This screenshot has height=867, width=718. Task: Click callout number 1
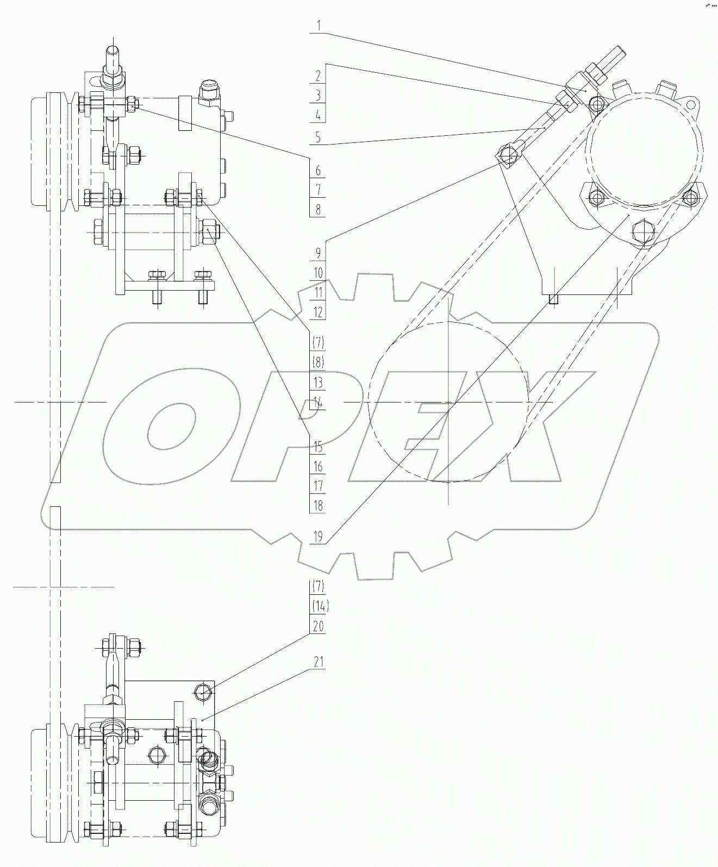pyautogui.click(x=319, y=25)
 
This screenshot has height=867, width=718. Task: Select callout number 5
pyautogui.click(x=318, y=137)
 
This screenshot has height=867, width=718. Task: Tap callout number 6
pyautogui.click(x=318, y=171)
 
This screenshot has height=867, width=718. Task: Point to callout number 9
pyautogui.click(x=318, y=253)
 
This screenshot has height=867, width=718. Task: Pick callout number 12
pyautogui.click(x=318, y=312)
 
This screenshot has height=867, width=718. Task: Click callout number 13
pyautogui.click(x=318, y=382)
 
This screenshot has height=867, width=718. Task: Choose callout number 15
pyautogui.click(x=318, y=447)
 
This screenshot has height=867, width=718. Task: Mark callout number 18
pyautogui.click(x=318, y=506)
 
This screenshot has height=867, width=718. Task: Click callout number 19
pyautogui.click(x=318, y=537)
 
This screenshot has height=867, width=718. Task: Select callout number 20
pyautogui.click(x=318, y=626)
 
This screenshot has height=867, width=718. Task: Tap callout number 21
pyautogui.click(x=318, y=662)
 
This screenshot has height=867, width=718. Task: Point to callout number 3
pyautogui.click(x=318, y=96)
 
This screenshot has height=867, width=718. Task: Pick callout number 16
pyautogui.click(x=318, y=467)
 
